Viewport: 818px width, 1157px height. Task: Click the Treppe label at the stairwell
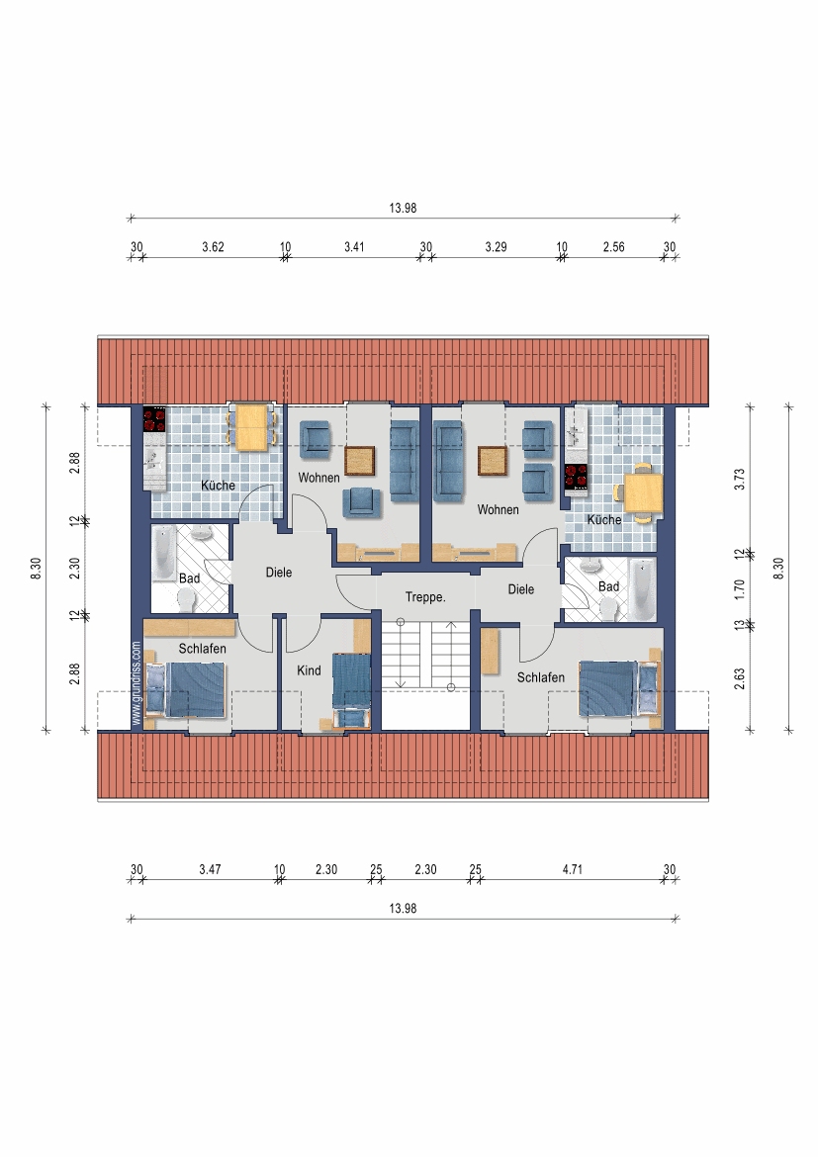coord(425,597)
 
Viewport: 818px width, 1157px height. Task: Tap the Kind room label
coord(309,670)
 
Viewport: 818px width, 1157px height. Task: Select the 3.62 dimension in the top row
coord(213,247)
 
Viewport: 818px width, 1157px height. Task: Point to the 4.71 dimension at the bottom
coord(572,869)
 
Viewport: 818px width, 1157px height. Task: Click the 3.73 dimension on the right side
coord(740,479)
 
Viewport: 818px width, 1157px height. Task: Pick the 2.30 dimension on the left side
coord(74,568)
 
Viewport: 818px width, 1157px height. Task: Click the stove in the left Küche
coord(155,420)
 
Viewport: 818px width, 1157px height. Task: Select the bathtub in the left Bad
coord(164,554)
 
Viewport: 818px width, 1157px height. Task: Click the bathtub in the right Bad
coord(642,589)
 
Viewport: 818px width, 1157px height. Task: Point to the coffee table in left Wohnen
coord(359,461)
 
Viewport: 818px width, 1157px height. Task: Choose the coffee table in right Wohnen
coord(493,461)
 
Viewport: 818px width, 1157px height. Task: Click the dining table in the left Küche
coord(251,427)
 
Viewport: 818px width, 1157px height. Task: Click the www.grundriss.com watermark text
coord(136,682)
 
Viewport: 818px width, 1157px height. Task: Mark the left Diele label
coord(279,572)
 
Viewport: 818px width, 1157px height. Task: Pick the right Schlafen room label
coord(540,677)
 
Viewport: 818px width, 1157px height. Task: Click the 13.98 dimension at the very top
coord(404,208)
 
